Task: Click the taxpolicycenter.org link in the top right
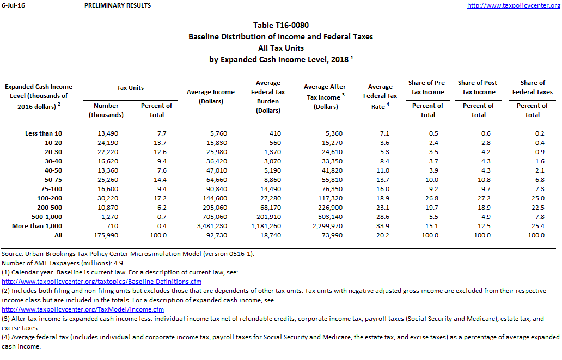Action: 514,5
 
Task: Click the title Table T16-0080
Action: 281,26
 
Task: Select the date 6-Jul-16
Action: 14,5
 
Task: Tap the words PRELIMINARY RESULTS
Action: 118,5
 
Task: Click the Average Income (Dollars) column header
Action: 211,97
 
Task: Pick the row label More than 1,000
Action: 37,226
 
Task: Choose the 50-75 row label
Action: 52,180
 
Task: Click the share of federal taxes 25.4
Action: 536,226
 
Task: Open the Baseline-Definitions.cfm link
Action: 102,282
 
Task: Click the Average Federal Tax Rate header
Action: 380,96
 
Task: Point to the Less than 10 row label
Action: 44,133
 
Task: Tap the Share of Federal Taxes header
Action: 533,87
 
